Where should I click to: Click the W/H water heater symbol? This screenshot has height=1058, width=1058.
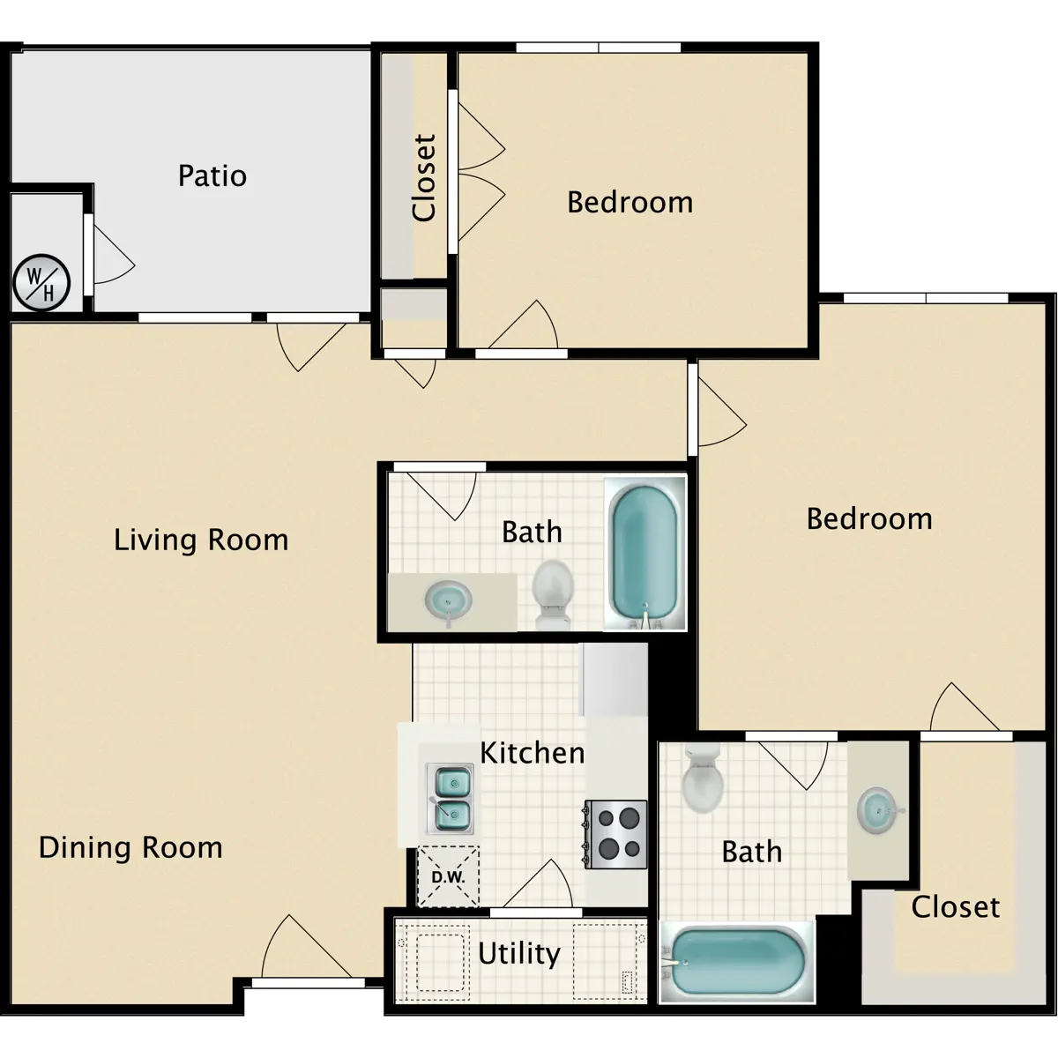pos(41,283)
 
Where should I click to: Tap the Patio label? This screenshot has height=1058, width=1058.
pos(212,175)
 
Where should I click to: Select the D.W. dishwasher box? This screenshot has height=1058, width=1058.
pos(448,876)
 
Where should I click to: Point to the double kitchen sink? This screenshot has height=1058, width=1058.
pos(450,798)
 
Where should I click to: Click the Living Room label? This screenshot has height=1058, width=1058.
pos(201,540)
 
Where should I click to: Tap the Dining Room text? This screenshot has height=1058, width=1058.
pos(130,847)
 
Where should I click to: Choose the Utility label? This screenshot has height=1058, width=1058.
pos(519,954)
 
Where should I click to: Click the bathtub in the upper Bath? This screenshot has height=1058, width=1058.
pos(645,552)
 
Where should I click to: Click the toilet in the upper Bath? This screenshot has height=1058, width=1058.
pos(552,594)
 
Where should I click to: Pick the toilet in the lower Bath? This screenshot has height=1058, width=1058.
pos(703,778)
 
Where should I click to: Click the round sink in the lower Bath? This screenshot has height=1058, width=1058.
pos(876,810)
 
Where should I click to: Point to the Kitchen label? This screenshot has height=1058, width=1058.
pos(532,753)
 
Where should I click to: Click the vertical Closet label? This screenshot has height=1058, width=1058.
pos(424,178)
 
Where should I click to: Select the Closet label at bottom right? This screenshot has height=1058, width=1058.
pos(956,907)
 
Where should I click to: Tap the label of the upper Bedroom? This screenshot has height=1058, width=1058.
pos(630,202)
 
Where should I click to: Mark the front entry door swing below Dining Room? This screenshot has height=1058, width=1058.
pos(306,947)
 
